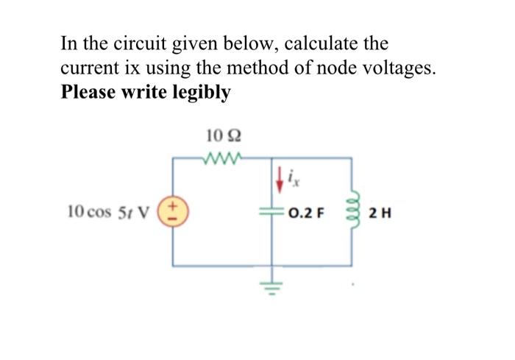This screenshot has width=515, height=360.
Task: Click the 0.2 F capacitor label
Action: (307, 214)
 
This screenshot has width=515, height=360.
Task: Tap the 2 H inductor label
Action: (380, 214)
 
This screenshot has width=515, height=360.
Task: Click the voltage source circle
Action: (174, 211)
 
